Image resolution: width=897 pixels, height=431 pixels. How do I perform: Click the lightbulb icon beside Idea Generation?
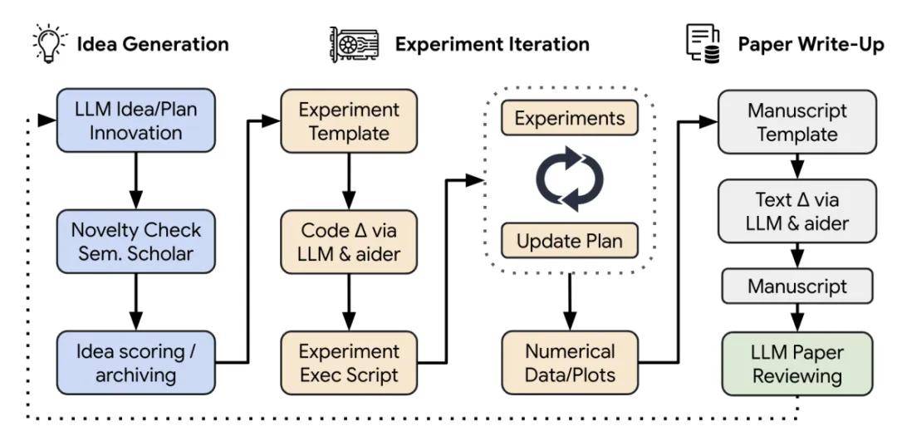(47, 43)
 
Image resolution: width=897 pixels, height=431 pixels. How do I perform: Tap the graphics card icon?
(354, 44)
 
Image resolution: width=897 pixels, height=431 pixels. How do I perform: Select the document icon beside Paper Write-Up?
(703, 43)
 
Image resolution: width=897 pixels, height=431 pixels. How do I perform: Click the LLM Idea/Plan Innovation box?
(136, 120)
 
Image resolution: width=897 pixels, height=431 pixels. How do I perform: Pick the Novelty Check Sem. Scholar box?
(136, 241)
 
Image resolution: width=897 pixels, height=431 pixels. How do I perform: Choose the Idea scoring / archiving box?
(136, 362)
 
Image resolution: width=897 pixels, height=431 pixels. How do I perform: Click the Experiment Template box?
(349, 121)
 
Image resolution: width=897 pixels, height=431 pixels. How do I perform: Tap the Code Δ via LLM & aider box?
(349, 242)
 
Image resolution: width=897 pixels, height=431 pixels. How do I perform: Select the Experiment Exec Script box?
(349, 362)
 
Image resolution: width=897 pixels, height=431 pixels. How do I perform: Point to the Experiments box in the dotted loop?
(569, 118)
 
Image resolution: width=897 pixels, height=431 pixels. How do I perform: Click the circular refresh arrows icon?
(569, 179)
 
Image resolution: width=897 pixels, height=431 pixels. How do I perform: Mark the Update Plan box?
(569, 240)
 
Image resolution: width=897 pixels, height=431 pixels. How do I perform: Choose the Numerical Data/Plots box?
(570, 362)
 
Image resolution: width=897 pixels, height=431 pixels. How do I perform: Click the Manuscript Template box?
(797, 122)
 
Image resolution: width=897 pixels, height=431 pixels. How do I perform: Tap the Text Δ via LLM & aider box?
(797, 212)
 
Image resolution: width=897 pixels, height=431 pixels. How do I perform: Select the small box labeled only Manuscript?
(797, 286)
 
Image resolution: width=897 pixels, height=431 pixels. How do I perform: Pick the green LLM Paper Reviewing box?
(797, 364)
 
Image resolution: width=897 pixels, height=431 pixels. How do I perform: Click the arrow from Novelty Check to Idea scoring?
(135, 301)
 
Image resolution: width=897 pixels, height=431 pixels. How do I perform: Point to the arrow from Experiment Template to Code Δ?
(349, 182)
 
